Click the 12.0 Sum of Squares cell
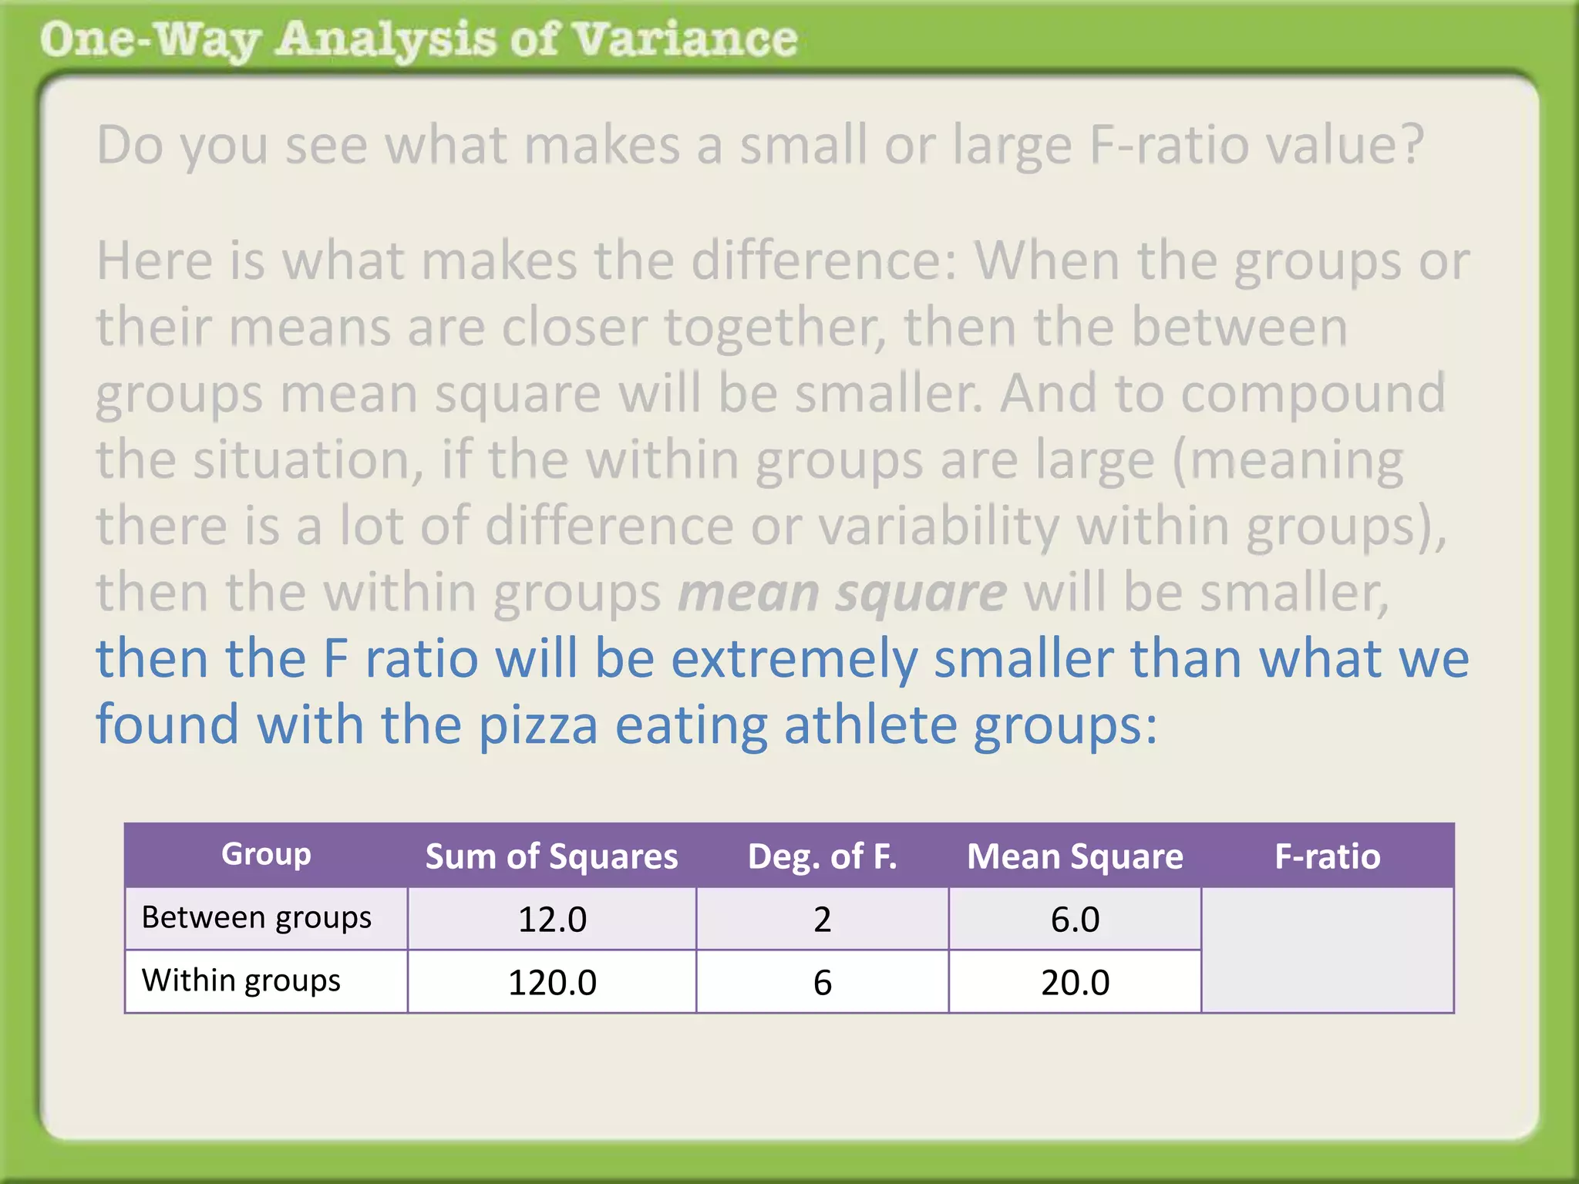tap(552, 920)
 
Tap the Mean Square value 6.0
tap(1075, 920)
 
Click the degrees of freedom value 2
tap(822, 920)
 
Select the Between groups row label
tap(257, 917)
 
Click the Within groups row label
tap(241, 980)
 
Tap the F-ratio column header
tap(1327, 856)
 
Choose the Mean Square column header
tap(1075, 856)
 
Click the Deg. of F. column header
tap(822, 856)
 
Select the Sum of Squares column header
tap(552, 856)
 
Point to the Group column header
tap(266, 854)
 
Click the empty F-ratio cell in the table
tap(1327, 950)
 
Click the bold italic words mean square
tap(842, 593)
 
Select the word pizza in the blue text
tap(538, 725)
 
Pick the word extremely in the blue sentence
tap(794, 660)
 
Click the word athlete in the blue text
tap(870, 725)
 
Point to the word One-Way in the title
tap(150, 40)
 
